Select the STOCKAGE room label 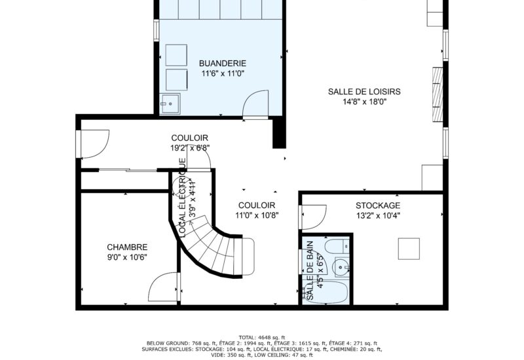[378, 206]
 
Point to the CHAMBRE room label [127, 247]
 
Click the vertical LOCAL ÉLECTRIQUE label [183, 197]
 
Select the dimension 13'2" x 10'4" [378, 216]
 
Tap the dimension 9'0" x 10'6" [127, 257]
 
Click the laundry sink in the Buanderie [170, 102]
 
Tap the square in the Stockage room [409, 248]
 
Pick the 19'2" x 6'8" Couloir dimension [190, 148]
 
